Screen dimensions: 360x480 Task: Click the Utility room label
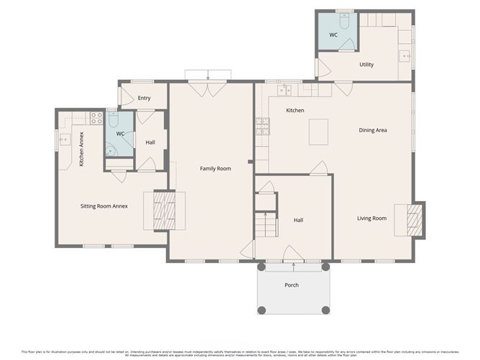(366, 65)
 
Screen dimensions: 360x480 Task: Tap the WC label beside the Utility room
(333, 34)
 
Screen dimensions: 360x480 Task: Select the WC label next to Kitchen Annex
(120, 134)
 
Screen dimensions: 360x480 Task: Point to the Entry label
(144, 98)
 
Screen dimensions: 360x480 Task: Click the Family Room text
(215, 168)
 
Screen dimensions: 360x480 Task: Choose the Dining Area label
(373, 130)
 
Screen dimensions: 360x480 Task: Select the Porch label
(291, 285)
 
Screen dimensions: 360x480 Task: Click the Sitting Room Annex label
(103, 206)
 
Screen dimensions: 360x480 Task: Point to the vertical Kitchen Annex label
(81, 149)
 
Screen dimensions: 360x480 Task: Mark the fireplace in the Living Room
(415, 220)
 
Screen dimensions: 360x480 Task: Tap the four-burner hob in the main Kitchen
(262, 127)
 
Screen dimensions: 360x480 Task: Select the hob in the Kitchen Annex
(96, 118)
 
